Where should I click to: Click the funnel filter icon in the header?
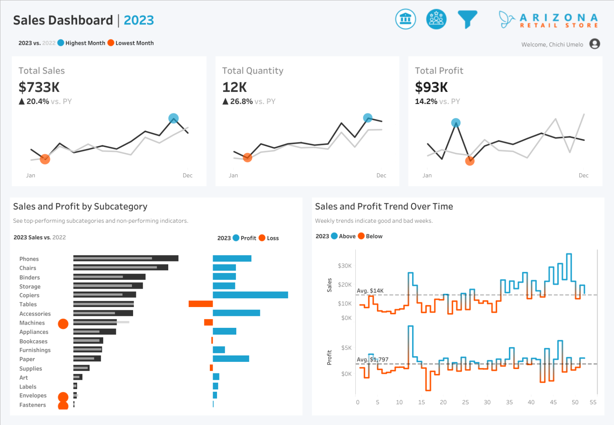[467, 19]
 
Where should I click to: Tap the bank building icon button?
[405, 19]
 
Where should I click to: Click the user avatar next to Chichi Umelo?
[594, 44]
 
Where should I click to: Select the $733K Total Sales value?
[39, 87]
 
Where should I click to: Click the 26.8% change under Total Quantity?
[241, 102]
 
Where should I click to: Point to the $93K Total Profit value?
[431, 87]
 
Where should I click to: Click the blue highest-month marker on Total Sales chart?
[173, 118]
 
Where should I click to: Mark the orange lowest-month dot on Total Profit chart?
[470, 161]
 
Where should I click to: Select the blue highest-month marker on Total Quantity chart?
[367, 118]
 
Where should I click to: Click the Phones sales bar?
[126, 259]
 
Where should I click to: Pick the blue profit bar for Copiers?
[250, 295]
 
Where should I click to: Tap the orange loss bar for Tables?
[200, 304]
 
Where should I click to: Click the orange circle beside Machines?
[63, 324]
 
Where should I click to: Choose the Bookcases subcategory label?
[34, 341]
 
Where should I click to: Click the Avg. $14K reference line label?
[370, 291]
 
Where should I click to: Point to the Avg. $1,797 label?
[372, 359]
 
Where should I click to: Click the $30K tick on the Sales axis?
[345, 266]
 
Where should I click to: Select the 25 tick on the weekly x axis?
[465, 402]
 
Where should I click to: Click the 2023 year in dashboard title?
[139, 20]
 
